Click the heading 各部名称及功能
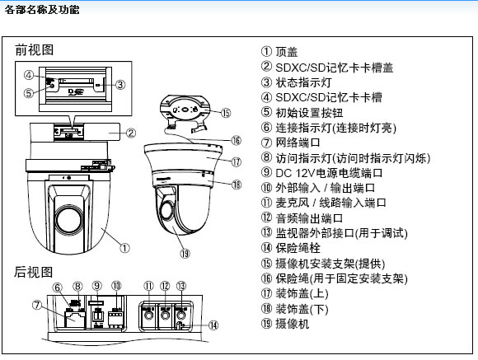43,9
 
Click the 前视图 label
34,50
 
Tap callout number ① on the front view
124,245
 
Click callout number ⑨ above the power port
96,286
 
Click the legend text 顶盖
288,52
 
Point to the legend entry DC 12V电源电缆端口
329,172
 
